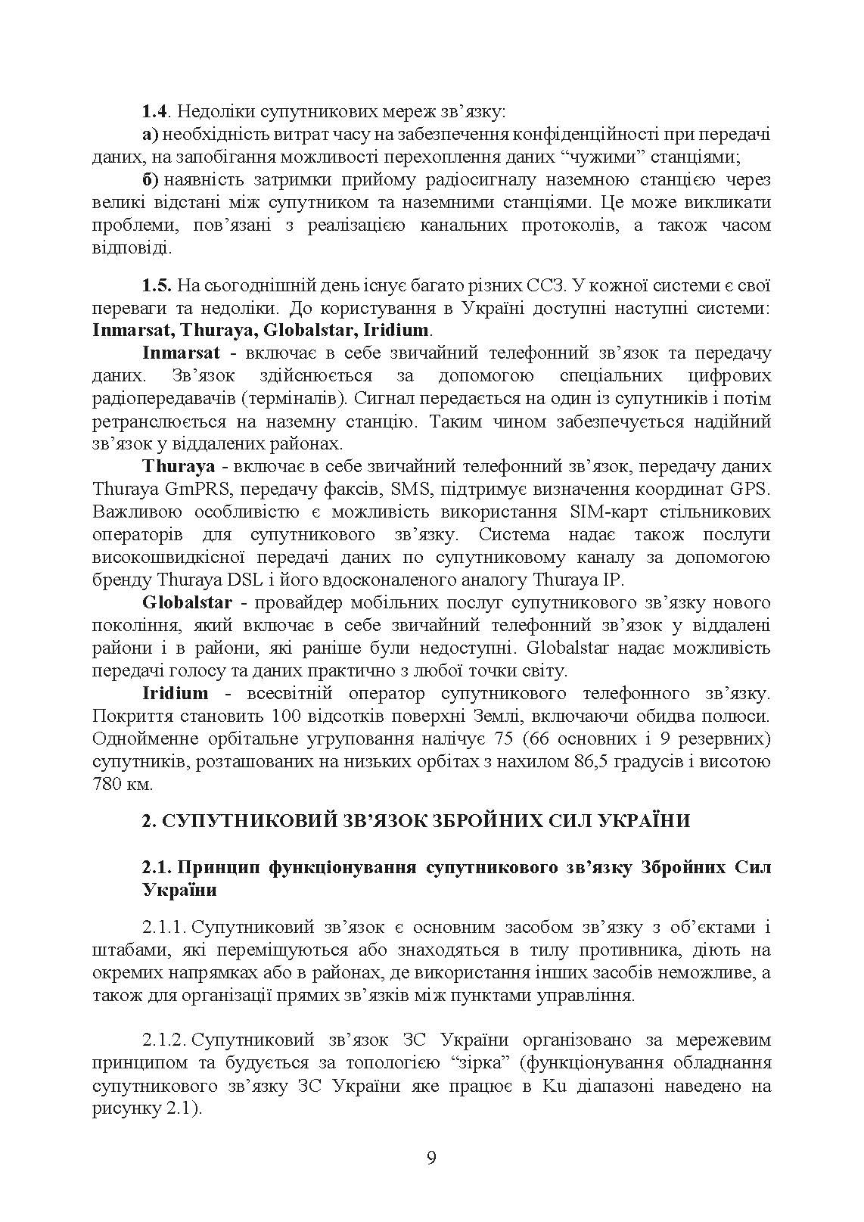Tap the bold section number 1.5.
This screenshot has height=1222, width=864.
(157, 286)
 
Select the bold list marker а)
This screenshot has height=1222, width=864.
(150, 135)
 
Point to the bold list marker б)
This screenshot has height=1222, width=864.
(150, 180)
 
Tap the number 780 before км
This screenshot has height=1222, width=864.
(107, 784)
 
